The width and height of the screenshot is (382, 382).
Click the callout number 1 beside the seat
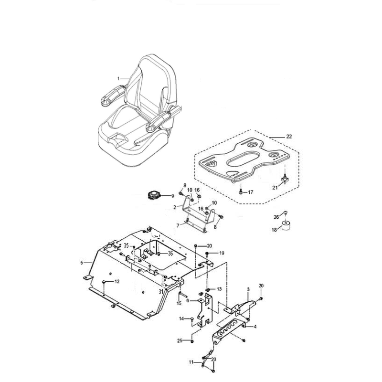point(118,79)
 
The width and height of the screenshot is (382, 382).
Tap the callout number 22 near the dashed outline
point(289,137)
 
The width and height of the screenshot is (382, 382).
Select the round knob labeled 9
point(154,195)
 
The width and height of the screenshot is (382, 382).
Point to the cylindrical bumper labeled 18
point(286,225)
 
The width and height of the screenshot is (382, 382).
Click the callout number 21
point(275,188)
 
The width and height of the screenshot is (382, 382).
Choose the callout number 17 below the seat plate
point(250,192)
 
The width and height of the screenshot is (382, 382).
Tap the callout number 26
point(276,217)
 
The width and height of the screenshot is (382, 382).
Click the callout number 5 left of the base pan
point(82,263)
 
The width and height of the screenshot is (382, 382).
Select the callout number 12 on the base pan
point(117,282)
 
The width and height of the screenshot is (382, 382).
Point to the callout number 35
point(126,245)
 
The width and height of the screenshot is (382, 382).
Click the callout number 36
point(170,254)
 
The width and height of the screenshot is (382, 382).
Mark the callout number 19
point(222,253)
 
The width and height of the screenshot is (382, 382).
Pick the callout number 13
point(219,289)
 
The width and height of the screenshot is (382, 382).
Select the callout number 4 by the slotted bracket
point(255,327)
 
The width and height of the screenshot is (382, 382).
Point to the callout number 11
point(191,362)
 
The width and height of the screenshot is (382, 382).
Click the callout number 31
point(161,292)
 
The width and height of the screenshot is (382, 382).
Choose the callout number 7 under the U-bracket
point(178,226)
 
